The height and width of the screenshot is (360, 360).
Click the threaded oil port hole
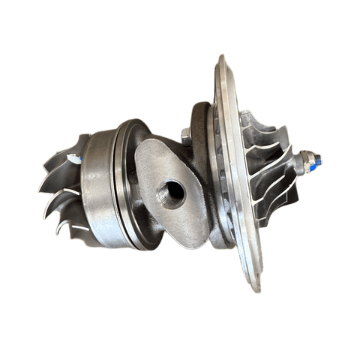point(171,194)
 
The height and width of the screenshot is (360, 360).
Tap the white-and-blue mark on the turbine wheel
point(75,158)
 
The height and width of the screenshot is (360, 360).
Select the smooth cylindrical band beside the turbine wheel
point(97,187)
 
